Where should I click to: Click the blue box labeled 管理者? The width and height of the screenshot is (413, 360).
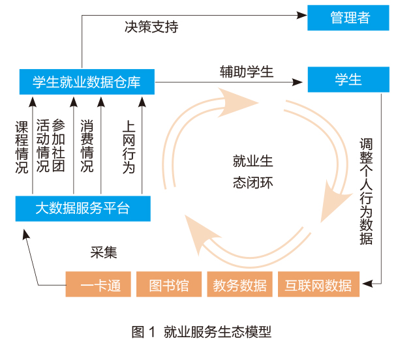click(x=348, y=18)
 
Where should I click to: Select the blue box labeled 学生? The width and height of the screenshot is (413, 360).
click(x=348, y=80)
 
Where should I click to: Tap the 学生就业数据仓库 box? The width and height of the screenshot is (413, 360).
click(x=86, y=82)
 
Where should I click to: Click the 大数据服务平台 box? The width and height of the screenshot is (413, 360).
click(x=82, y=209)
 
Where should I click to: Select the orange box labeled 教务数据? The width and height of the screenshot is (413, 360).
click(x=239, y=284)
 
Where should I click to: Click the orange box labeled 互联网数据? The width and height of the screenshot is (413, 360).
click(x=318, y=284)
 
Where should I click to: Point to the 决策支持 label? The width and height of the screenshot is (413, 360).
click(x=151, y=27)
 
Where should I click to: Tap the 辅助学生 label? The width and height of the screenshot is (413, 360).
click(x=246, y=72)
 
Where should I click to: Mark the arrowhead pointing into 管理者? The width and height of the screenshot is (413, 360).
click(x=302, y=14)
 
